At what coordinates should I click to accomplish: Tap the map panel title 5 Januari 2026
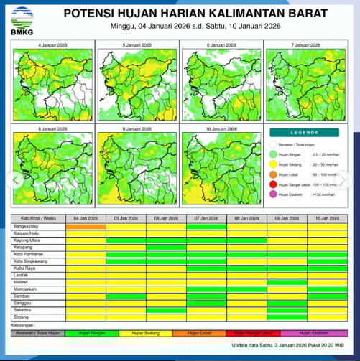tap(137, 45)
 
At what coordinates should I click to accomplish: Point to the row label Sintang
tap(22, 316)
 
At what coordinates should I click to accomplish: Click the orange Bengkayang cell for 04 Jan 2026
tap(85, 225)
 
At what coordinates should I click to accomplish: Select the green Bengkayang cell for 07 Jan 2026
tap(206, 225)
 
